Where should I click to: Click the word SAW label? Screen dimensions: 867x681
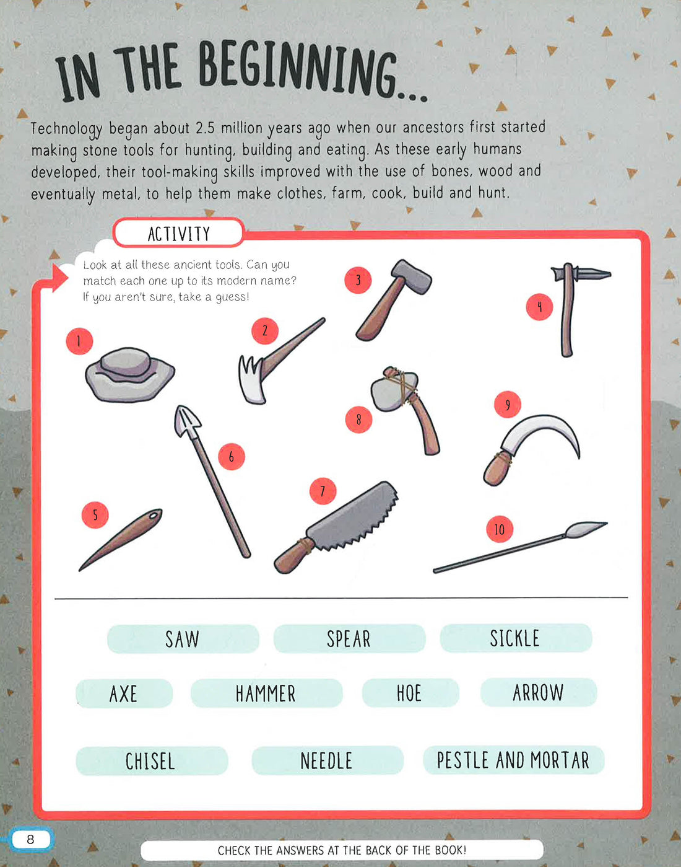[183, 639]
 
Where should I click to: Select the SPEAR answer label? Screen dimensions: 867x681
[349, 639]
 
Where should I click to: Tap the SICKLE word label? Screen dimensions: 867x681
[515, 638]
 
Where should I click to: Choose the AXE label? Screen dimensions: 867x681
[124, 693]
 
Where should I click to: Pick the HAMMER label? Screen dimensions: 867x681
[266, 693]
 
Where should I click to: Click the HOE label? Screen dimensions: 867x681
[410, 693]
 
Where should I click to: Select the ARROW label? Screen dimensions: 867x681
[538, 692]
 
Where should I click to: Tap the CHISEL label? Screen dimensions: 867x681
[151, 761]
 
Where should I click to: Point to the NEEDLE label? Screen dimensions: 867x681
[327, 760]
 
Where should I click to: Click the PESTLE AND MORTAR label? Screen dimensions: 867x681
[513, 760]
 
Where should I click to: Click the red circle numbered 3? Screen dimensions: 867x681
[358, 281]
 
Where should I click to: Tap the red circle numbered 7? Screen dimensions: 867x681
[323, 491]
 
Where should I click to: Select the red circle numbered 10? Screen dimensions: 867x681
[500, 529]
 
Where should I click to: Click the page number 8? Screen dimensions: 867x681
[30, 840]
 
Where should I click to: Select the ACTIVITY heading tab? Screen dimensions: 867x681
[179, 234]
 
